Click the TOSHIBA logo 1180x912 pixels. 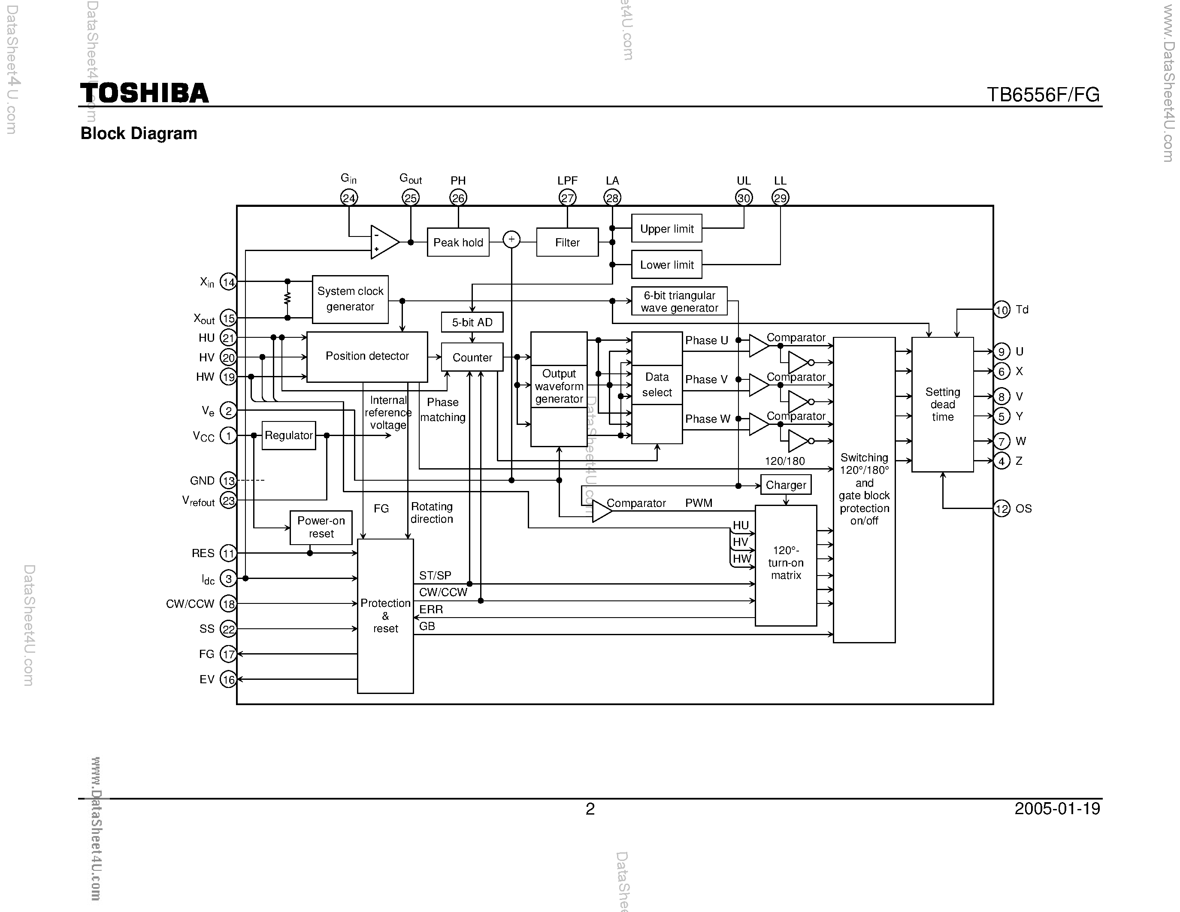[x=144, y=94]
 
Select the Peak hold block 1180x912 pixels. [x=458, y=242]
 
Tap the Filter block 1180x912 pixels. [x=567, y=242]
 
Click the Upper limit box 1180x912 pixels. [x=666, y=229]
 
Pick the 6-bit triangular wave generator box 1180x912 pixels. [x=679, y=301]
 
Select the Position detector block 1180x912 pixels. [x=367, y=357]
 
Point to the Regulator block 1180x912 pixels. [x=288, y=436]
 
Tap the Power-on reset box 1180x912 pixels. [x=321, y=527]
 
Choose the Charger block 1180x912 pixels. [x=785, y=485]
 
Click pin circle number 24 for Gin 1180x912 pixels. [x=349, y=198]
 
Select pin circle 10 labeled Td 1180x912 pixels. [x=1001, y=309]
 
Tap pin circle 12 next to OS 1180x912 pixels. [x=1001, y=509]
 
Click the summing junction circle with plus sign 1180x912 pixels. [x=511, y=239]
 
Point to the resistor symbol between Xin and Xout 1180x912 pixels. [x=287, y=299]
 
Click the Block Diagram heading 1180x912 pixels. [x=139, y=133]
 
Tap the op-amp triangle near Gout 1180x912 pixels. [x=384, y=242]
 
